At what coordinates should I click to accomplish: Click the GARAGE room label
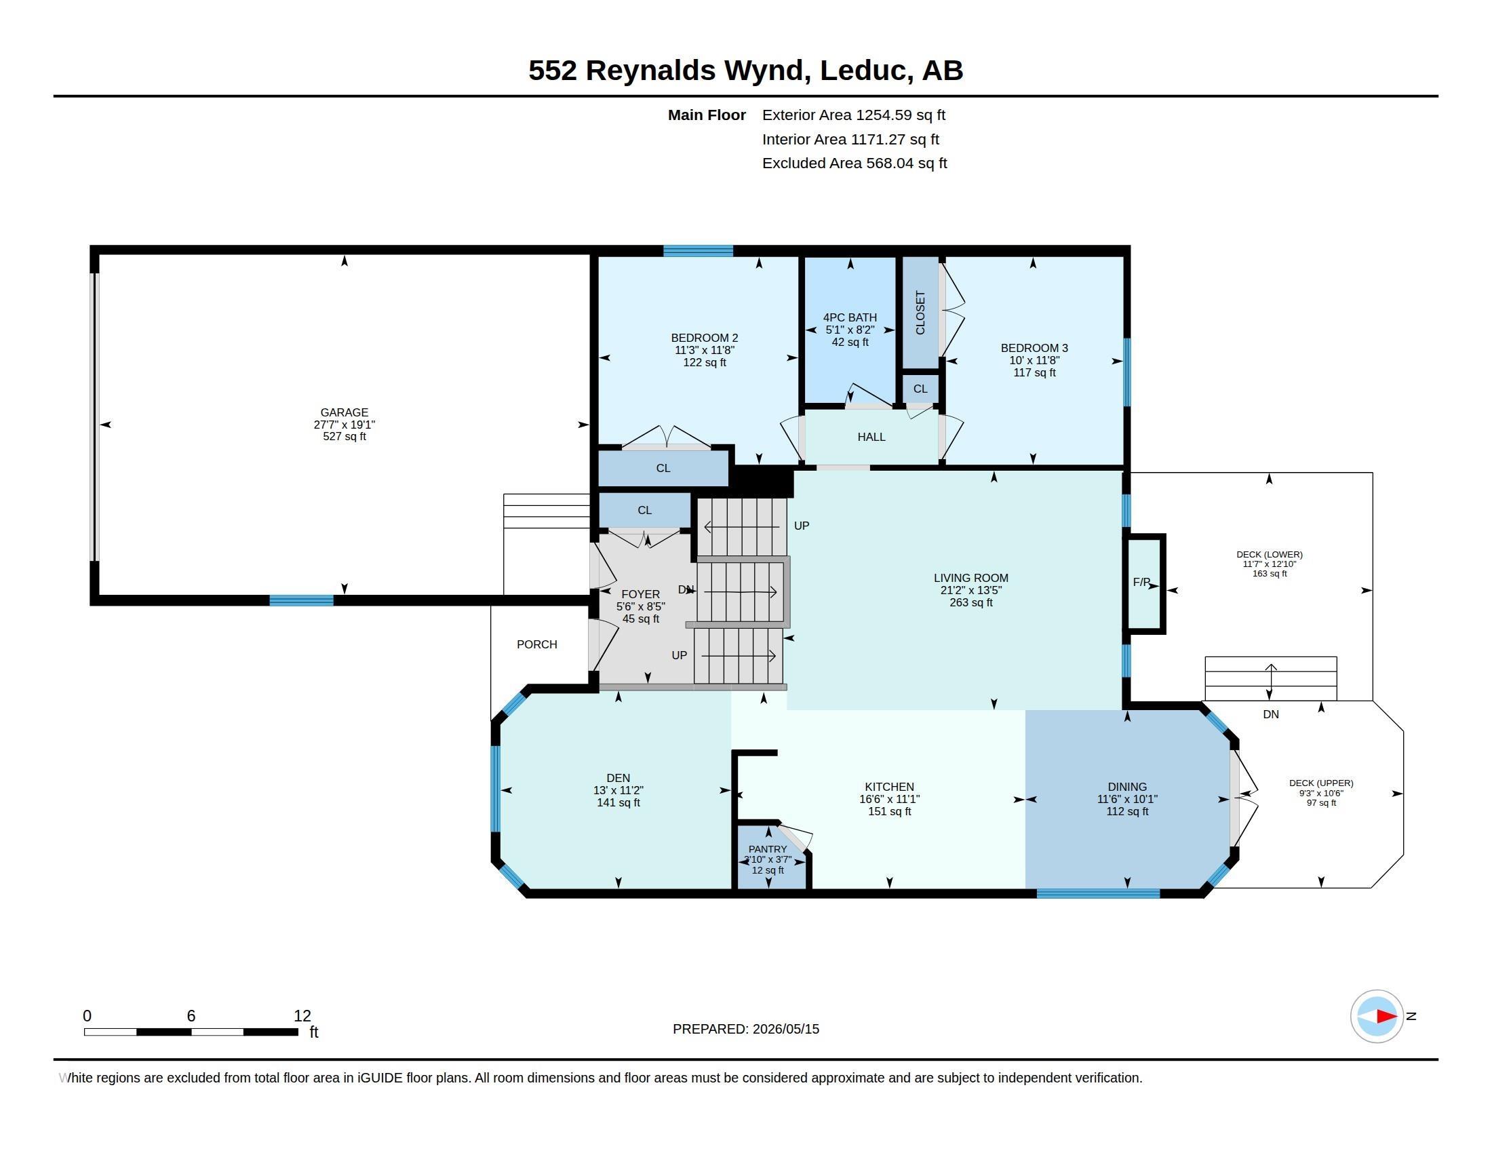click(345, 412)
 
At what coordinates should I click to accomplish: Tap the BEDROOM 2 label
click(705, 338)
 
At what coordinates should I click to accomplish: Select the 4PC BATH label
click(850, 317)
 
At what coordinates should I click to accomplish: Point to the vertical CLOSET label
click(920, 313)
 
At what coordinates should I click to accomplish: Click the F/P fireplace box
click(1144, 583)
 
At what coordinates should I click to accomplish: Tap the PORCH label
click(537, 645)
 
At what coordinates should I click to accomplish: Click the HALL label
click(871, 437)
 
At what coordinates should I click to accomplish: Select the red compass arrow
click(1386, 1017)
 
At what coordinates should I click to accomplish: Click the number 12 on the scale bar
click(302, 1016)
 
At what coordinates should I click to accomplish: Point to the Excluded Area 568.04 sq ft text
click(855, 163)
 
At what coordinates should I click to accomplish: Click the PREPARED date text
click(746, 1030)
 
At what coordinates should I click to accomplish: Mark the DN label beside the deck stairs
click(1271, 714)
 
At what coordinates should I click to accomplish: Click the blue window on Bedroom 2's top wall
click(698, 251)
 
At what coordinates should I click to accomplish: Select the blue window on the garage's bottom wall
click(301, 600)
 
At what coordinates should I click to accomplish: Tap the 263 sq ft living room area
click(970, 602)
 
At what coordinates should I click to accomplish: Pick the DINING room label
click(1127, 787)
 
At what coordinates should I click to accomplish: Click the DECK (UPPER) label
click(1321, 783)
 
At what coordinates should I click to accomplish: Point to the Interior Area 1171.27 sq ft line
click(850, 139)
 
